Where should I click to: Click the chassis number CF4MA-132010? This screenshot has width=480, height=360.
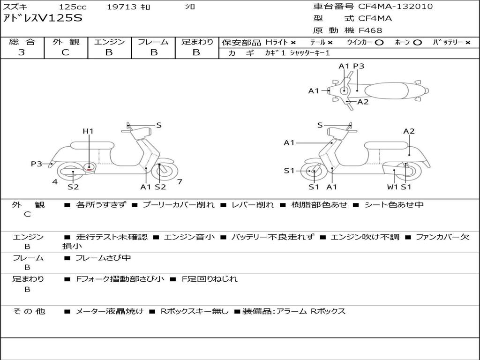point(396,7)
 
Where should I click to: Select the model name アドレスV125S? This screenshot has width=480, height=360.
point(43,18)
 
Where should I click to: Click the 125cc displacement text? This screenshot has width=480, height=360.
point(73,7)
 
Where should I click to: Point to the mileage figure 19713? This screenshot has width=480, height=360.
point(122,7)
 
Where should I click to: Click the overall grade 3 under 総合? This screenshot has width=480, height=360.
point(22,52)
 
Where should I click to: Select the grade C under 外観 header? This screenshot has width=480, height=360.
point(65,52)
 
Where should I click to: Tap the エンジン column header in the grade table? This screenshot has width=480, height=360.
point(109,42)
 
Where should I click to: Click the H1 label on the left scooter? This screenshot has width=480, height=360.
point(88,131)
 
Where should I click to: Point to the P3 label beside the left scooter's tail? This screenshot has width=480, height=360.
point(37,164)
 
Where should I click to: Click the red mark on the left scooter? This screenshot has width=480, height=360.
point(89,170)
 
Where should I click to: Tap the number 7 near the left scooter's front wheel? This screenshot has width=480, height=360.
point(180,181)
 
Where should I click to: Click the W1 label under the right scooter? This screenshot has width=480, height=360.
point(392,187)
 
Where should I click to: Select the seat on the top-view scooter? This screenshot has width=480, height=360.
point(386,91)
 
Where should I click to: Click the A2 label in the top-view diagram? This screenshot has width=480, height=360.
point(363,102)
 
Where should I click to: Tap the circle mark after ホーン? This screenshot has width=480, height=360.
point(417,43)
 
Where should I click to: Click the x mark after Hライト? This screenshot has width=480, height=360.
point(293,43)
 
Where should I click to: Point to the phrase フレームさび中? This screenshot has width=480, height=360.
point(103,258)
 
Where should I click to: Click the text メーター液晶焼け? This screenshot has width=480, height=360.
point(109,311)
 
